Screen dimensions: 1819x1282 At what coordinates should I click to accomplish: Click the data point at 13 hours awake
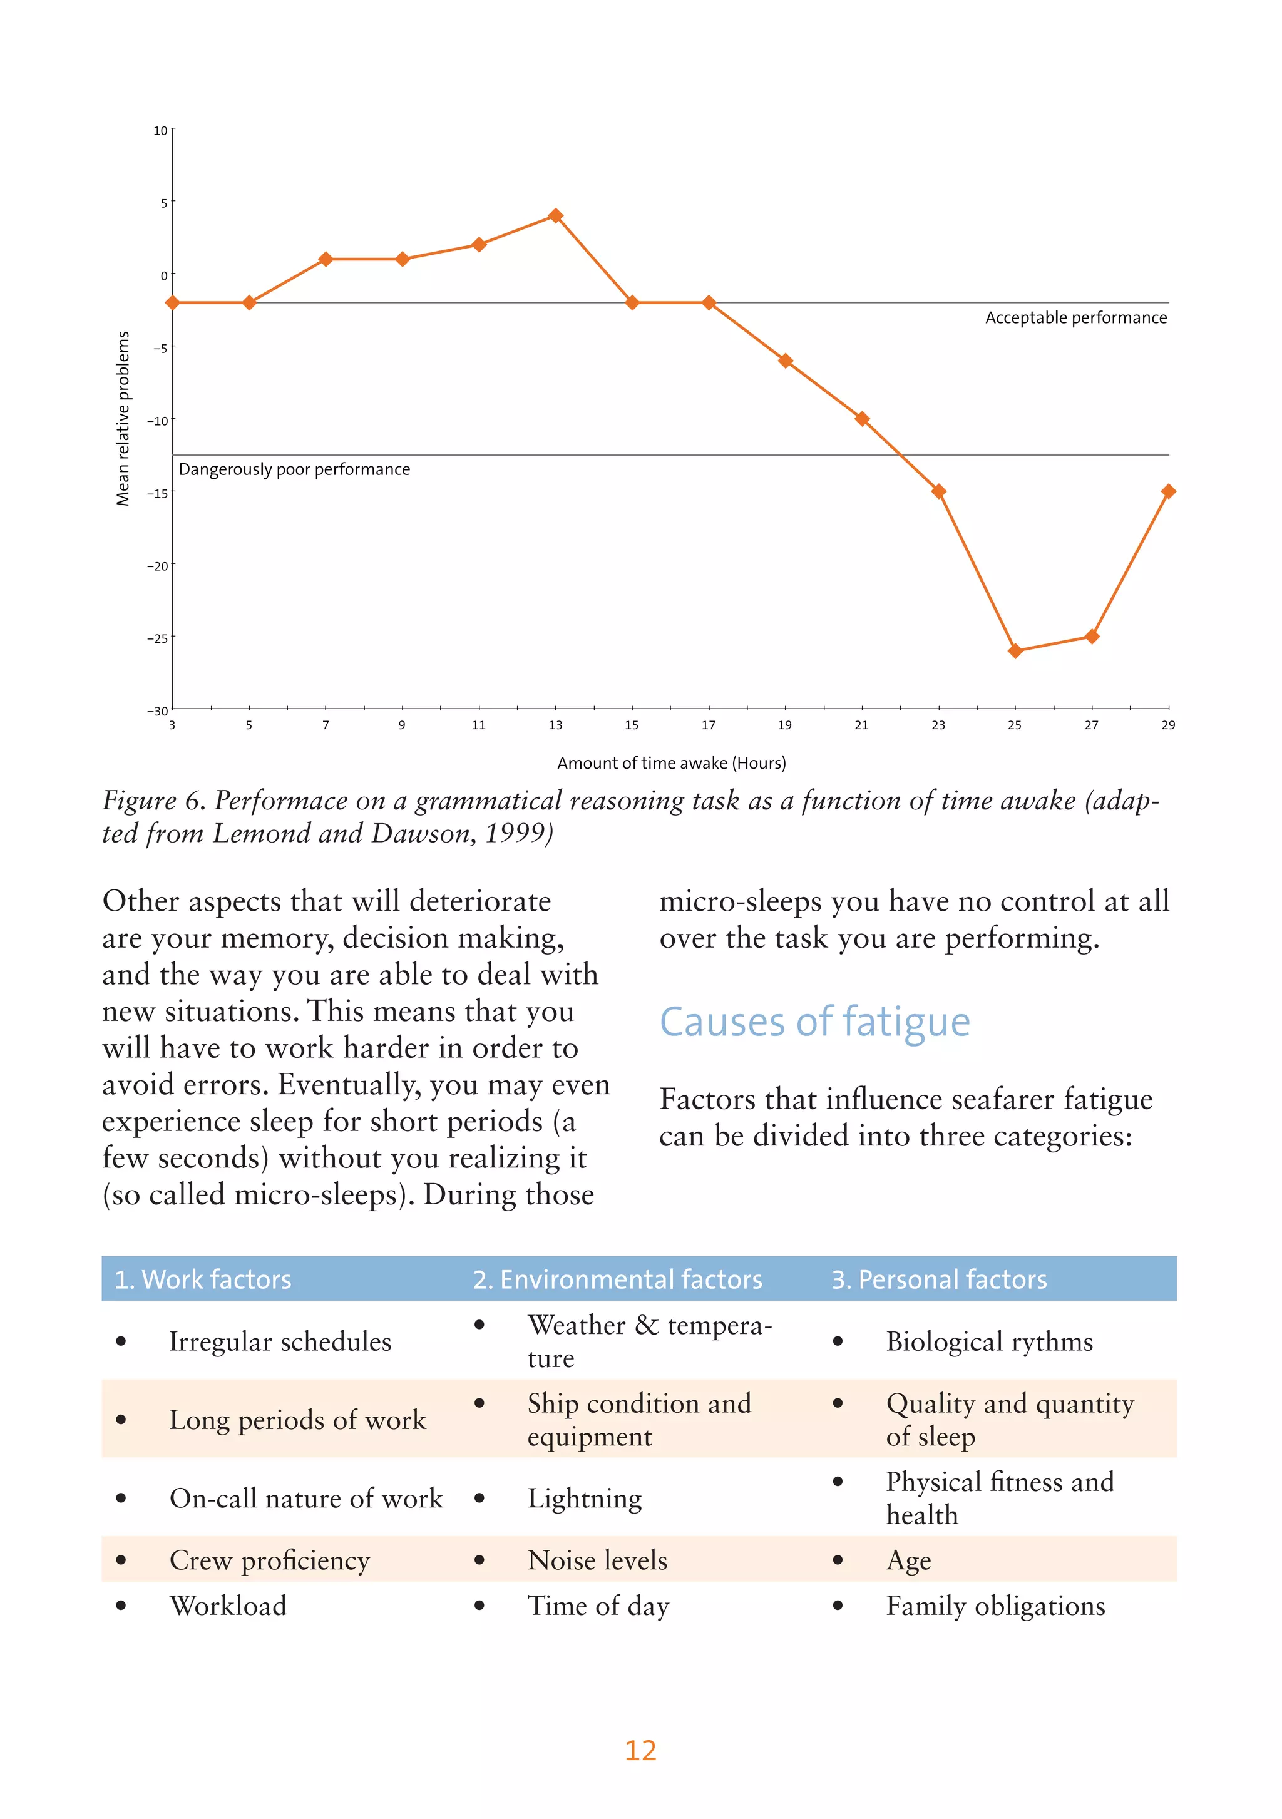[x=555, y=215]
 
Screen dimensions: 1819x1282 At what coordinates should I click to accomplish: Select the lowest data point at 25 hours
[x=1015, y=651]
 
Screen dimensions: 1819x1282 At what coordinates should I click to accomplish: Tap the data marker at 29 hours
[x=1168, y=491]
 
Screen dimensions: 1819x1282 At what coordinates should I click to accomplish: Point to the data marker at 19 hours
[x=785, y=361]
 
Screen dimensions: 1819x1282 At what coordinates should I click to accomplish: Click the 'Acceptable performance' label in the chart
[x=1075, y=318]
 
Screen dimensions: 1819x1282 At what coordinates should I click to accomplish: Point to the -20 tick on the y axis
[x=158, y=566]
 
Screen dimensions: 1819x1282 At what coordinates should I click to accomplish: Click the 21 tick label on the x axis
[x=861, y=725]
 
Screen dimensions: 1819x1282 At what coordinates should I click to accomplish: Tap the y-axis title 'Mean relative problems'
[x=123, y=418]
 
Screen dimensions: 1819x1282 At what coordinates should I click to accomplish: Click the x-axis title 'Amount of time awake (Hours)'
[x=671, y=763]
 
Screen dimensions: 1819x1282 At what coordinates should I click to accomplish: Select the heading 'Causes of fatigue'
[x=814, y=1022]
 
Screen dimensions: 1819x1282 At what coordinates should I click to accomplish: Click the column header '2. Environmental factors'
[x=617, y=1279]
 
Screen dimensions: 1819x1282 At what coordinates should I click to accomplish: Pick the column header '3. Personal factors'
[x=939, y=1279]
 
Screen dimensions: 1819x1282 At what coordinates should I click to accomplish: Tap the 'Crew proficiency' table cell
[x=269, y=1560]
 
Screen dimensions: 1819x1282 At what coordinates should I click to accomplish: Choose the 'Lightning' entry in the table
[x=585, y=1498]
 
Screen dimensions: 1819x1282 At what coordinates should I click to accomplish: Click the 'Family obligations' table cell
[x=995, y=1606]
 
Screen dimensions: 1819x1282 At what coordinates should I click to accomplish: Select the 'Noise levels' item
[x=597, y=1560]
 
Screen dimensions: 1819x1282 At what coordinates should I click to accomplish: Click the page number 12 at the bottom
[x=640, y=1750]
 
